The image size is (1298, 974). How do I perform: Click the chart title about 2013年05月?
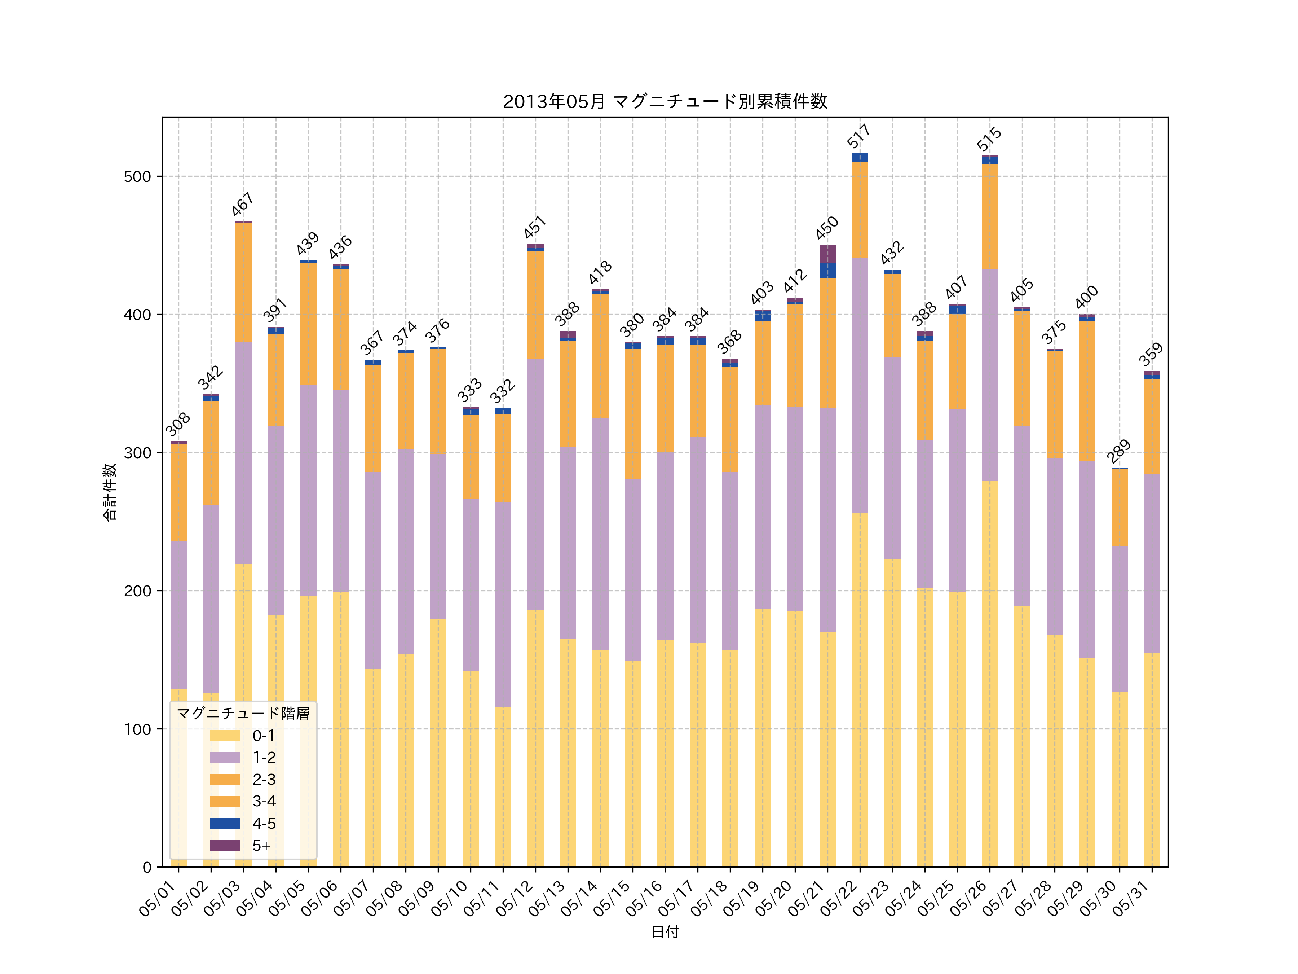click(x=665, y=102)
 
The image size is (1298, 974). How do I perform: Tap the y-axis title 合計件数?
click(x=110, y=492)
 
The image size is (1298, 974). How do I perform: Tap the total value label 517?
click(x=858, y=136)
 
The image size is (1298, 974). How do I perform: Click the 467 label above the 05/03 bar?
click(x=242, y=204)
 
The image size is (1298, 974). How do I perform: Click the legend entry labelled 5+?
click(x=261, y=846)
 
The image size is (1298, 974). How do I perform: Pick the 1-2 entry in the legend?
click(x=264, y=757)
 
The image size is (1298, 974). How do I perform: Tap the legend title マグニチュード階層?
click(x=243, y=713)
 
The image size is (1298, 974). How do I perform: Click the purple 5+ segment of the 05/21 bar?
click(x=827, y=254)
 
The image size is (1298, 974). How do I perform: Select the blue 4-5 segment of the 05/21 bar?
click(x=827, y=271)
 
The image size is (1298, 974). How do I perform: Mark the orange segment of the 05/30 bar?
click(x=1119, y=508)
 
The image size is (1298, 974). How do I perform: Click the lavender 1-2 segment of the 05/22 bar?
click(x=860, y=385)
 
